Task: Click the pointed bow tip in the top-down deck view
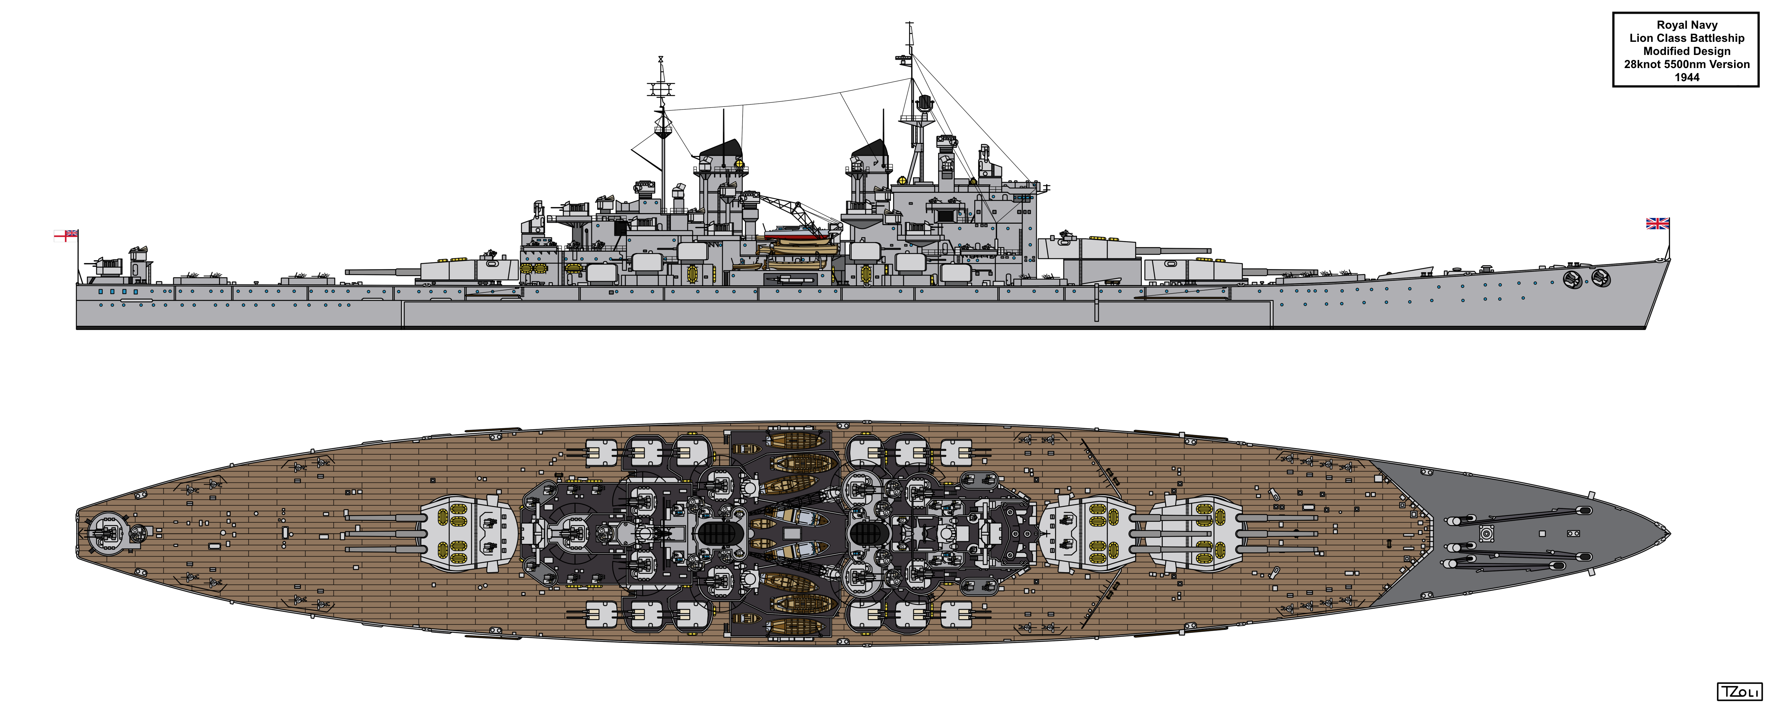click(1670, 534)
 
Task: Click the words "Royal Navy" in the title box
click(1687, 25)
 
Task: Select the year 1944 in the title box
click(1687, 77)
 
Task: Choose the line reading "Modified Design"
click(1687, 51)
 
